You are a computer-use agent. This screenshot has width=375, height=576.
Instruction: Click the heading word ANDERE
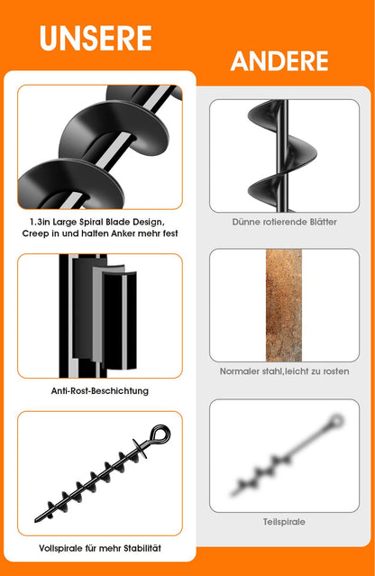point(279,61)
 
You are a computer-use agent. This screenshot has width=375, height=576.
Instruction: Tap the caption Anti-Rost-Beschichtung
point(100,390)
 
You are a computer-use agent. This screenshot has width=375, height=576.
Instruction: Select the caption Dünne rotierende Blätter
point(284,221)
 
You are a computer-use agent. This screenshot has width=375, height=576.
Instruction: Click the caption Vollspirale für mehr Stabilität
point(100,548)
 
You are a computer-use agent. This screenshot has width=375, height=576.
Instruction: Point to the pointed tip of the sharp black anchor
point(38,520)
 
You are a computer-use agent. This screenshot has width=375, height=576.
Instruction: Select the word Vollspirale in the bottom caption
point(60,548)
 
